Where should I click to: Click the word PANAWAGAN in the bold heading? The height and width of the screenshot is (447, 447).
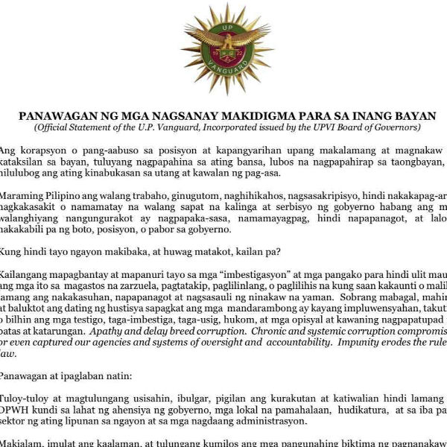pyautogui.click(x=56, y=117)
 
